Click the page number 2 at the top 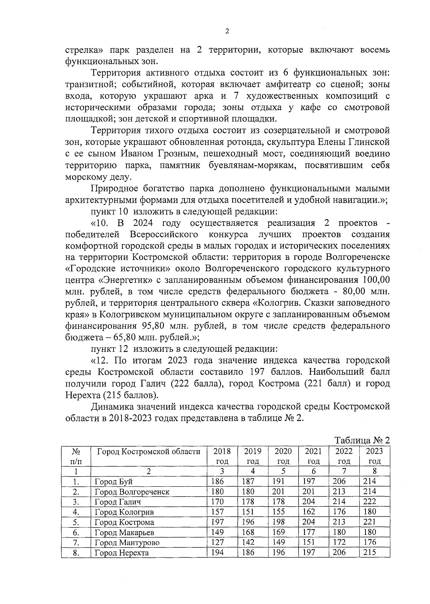click(x=227, y=31)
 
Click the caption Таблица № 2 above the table click(x=362, y=440)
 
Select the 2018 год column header click(x=222, y=456)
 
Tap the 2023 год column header click(x=374, y=456)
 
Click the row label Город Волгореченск click(x=132, y=492)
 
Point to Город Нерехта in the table click(x=121, y=553)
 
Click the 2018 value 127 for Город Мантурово click(x=218, y=542)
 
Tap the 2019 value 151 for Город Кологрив click(x=248, y=512)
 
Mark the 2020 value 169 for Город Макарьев click(x=278, y=532)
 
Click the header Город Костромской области click(x=149, y=451)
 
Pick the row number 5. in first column click(x=76, y=522)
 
